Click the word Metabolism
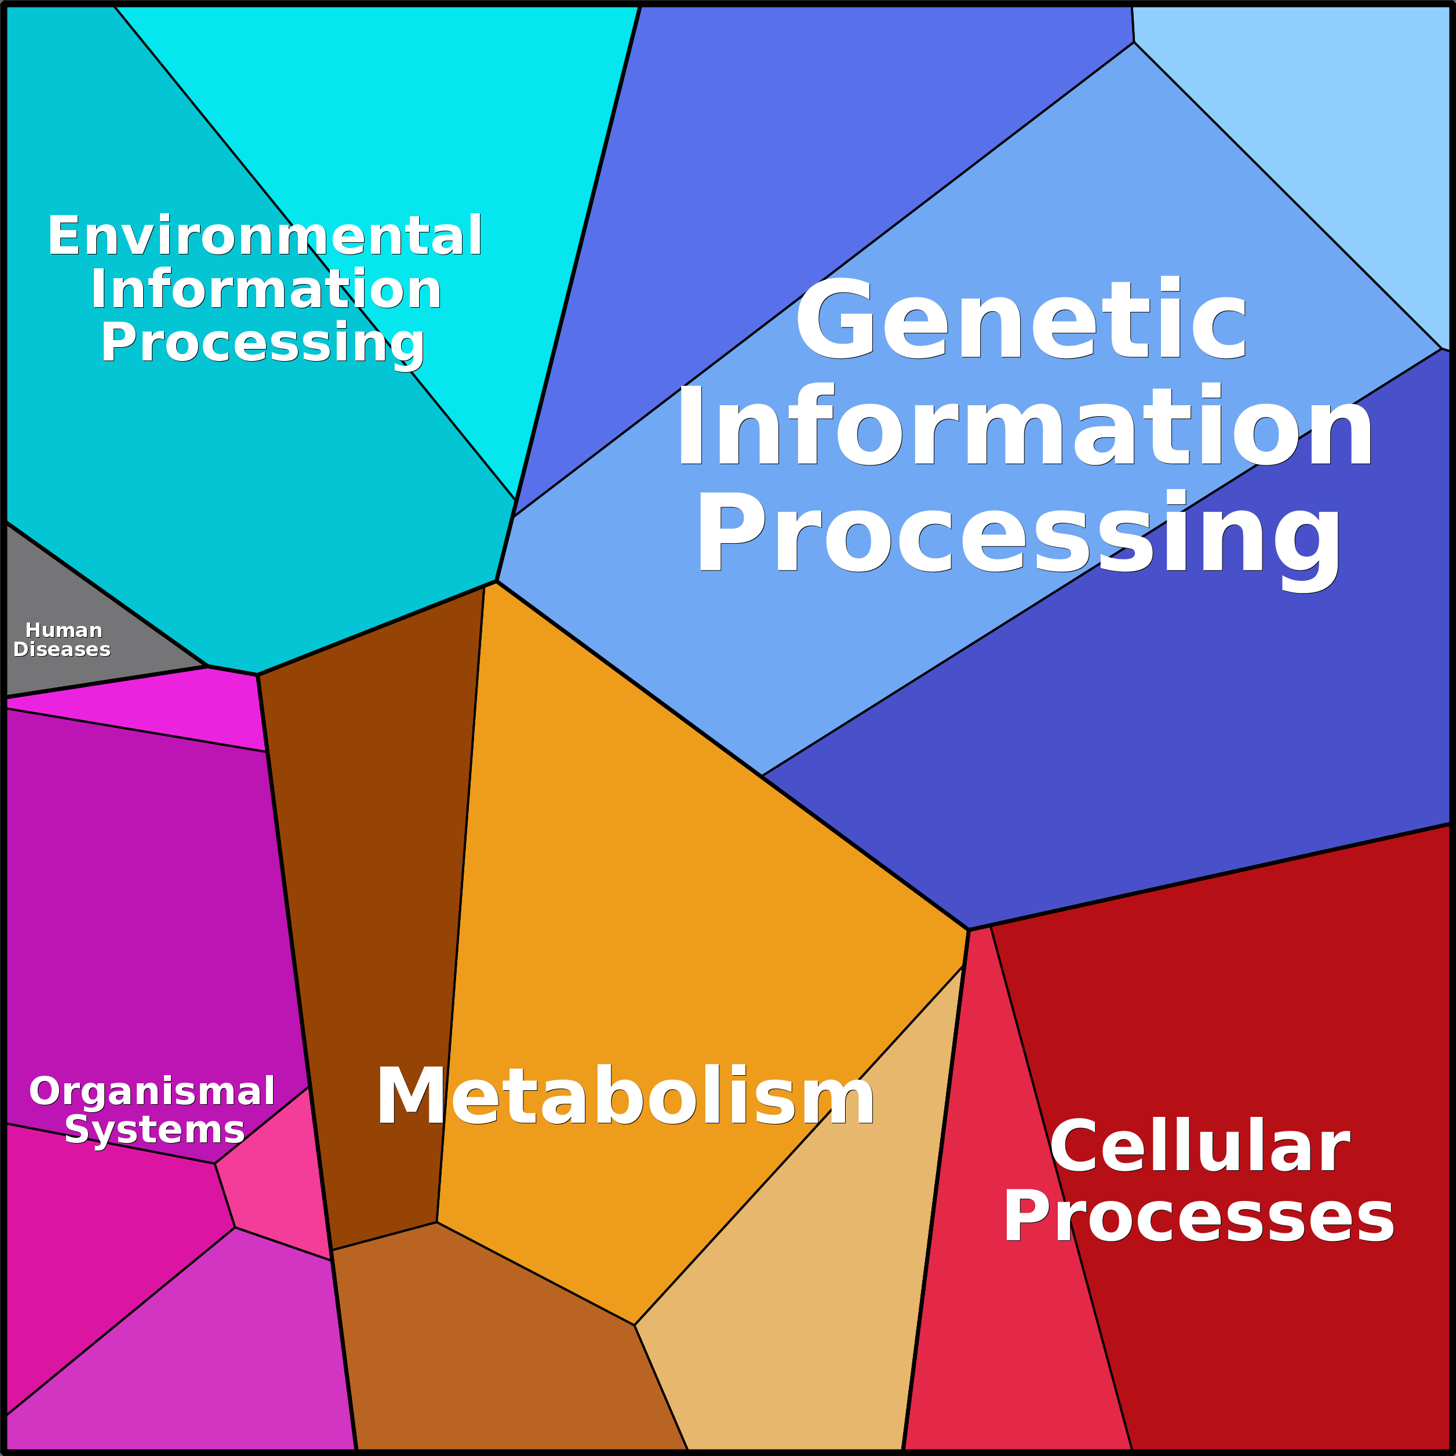[x=625, y=1097]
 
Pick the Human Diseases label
[x=63, y=640]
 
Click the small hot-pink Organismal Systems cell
[x=279, y=1175]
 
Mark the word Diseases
[x=62, y=650]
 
